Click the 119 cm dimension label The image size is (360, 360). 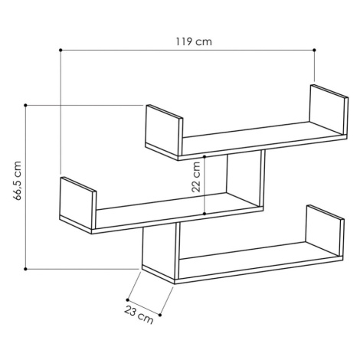tap(194, 41)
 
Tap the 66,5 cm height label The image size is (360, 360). tap(18, 181)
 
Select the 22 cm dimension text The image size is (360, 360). tap(196, 177)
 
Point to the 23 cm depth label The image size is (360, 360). tap(139, 315)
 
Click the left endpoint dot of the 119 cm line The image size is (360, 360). tap(61, 50)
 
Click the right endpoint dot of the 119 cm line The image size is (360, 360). tap(314, 50)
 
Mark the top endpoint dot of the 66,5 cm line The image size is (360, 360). tap(25, 105)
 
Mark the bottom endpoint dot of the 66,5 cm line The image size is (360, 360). tap(25, 269)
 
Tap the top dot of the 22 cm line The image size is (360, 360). tap(205, 156)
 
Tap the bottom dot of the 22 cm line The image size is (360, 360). tap(205, 214)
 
